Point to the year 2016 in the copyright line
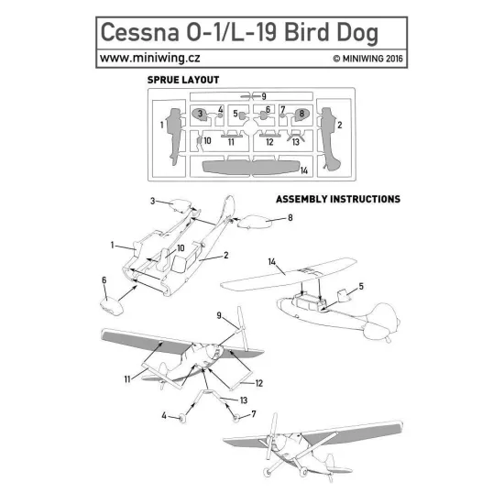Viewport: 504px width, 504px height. point(392,59)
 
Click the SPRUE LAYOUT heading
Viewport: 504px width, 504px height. point(182,80)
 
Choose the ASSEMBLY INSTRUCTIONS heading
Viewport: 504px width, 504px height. point(337,198)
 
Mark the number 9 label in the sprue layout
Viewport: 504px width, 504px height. point(264,96)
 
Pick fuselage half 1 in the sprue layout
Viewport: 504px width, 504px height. point(175,132)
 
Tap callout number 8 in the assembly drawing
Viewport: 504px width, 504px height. point(290,217)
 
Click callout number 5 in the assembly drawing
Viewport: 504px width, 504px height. point(360,286)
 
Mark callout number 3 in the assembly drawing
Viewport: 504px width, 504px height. point(153,199)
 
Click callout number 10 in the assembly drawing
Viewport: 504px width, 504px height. point(181,248)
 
